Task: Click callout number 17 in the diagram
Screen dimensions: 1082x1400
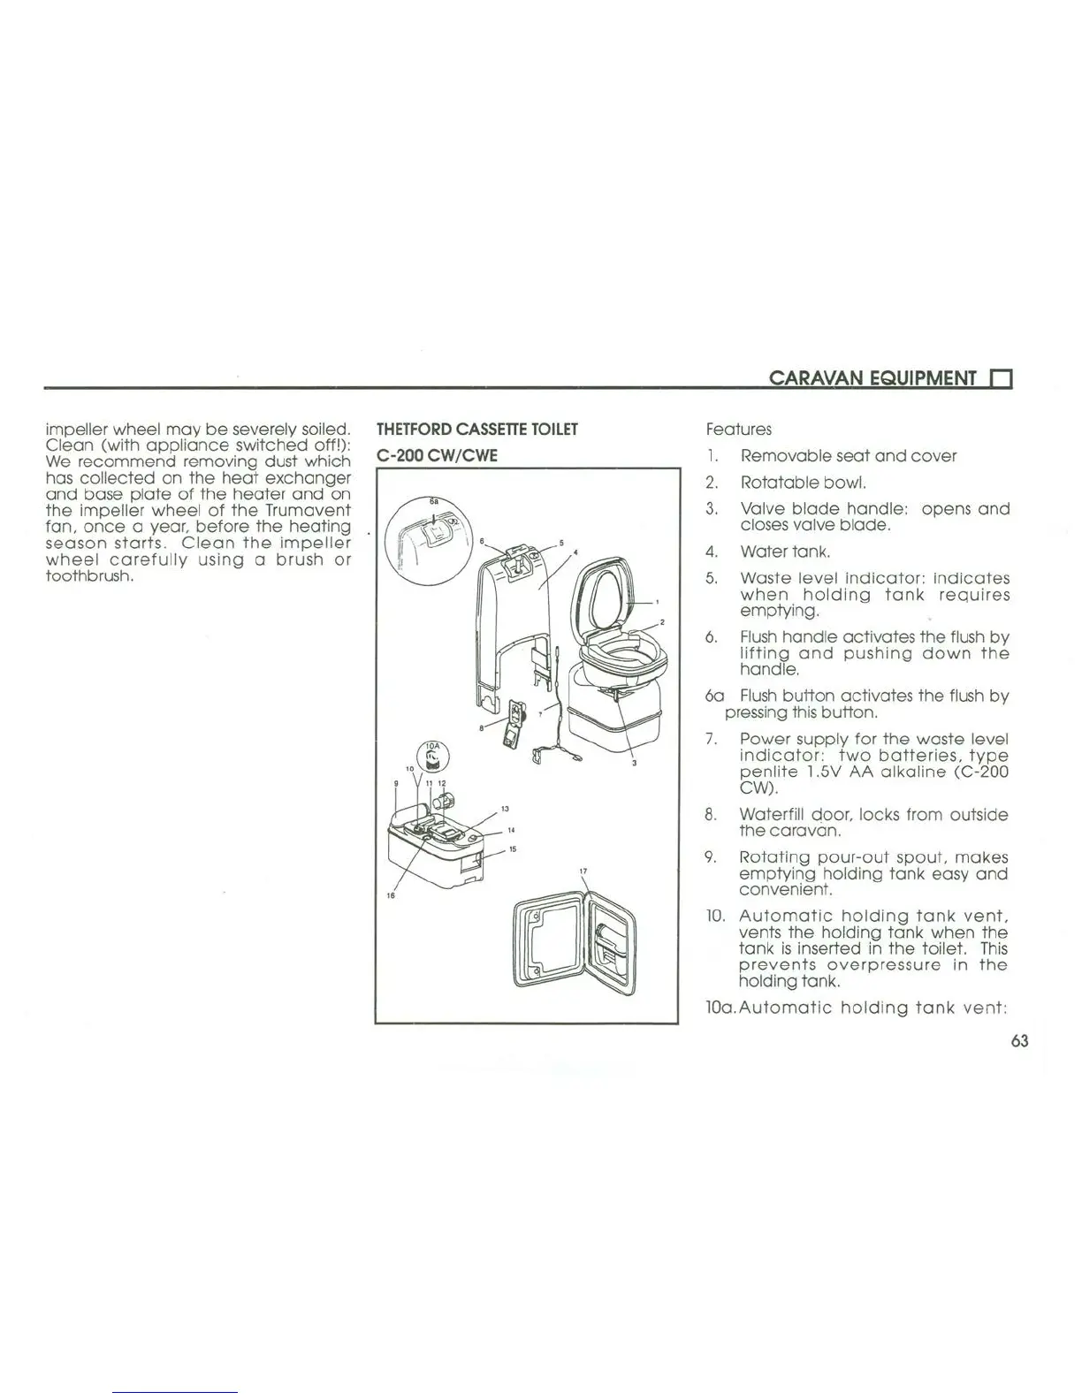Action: click(x=583, y=871)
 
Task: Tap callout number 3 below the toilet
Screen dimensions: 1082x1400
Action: click(x=635, y=764)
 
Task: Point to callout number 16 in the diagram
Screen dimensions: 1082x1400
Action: click(x=390, y=895)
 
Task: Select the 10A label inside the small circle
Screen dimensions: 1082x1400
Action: click(x=432, y=745)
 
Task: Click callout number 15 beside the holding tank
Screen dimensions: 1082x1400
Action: click(x=513, y=849)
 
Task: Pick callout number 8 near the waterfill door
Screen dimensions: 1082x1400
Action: click(x=481, y=728)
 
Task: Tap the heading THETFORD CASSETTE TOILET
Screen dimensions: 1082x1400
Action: click(x=477, y=430)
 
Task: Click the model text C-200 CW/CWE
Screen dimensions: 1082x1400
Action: click(x=438, y=455)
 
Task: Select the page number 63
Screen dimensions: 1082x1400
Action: click(x=1019, y=1040)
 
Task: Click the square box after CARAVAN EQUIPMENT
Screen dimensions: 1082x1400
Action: click(x=1002, y=379)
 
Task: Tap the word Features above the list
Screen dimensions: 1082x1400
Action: click(x=738, y=430)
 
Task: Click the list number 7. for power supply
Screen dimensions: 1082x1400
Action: click(x=712, y=739)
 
